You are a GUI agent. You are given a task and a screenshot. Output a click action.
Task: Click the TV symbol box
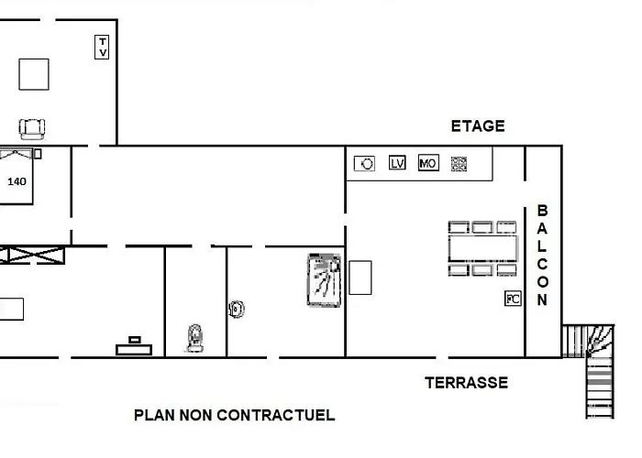click(x=102, y=47)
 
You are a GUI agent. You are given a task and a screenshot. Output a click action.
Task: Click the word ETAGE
click(x=478, y=126)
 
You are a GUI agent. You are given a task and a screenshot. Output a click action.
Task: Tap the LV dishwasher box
click(x=397, y=163)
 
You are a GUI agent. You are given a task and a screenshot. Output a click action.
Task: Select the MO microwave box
click(x=428, y=163)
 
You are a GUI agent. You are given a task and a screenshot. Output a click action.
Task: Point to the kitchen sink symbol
click(x=364, y=164)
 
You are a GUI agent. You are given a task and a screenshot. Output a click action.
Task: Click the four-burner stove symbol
click(x=459, y=164)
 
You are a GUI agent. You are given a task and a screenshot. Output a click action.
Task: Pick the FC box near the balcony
click(x=513, y=299)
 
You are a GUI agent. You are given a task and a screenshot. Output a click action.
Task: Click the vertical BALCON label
click(x=542, y=256)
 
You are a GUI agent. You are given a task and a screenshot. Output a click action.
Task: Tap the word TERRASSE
click(x=466, y=383)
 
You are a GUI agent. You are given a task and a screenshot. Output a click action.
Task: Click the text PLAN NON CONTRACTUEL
click(x=235, y=415)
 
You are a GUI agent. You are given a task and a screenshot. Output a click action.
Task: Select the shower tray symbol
click(x=324, y=280)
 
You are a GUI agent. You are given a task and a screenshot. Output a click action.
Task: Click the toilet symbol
click(x=195, y=338)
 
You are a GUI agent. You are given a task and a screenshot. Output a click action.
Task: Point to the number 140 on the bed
click(x=17, y=181)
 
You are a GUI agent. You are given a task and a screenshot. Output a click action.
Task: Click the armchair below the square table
click(x=32, y=129)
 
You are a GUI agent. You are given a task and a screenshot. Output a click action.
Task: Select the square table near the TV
click(x=34, y=74)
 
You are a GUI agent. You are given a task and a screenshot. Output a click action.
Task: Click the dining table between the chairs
click(x=482, y=248)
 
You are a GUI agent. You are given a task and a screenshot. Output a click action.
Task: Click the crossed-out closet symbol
click(x=32, y=256)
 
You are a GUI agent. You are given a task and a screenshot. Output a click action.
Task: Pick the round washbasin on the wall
click(x=237, y=310)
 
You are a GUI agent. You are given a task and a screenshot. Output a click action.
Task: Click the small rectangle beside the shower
click(x=360, y=278)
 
